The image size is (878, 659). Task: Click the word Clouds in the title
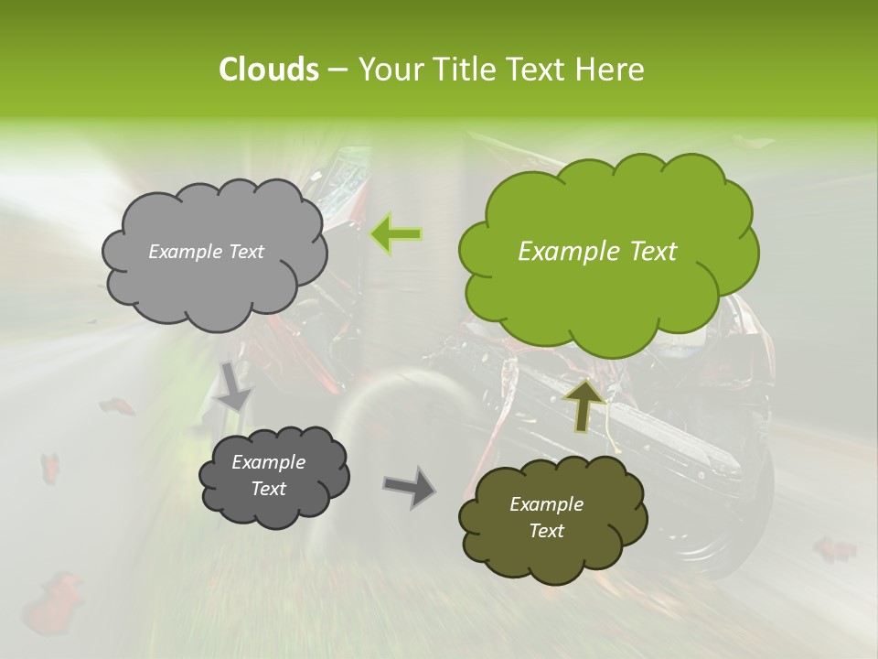click(x=268, y=70)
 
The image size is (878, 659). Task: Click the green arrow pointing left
click(x=396, y=234)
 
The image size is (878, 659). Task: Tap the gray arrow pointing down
click(x=234, y=385)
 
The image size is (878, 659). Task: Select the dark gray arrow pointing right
click(x=409, y=486)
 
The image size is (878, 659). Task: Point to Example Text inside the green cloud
click(x=597, y=252)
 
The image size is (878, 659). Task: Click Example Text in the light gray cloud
click(x=206, y=252)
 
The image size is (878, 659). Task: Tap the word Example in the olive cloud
click(x=546, y=504)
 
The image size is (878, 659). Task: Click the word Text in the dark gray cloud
click(x=268, y=489)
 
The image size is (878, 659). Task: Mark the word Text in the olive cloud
click(x=546, y=531)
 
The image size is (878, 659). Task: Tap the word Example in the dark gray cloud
click(x=268, y=462)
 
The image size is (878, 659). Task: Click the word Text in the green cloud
click(x=652, y=252)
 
